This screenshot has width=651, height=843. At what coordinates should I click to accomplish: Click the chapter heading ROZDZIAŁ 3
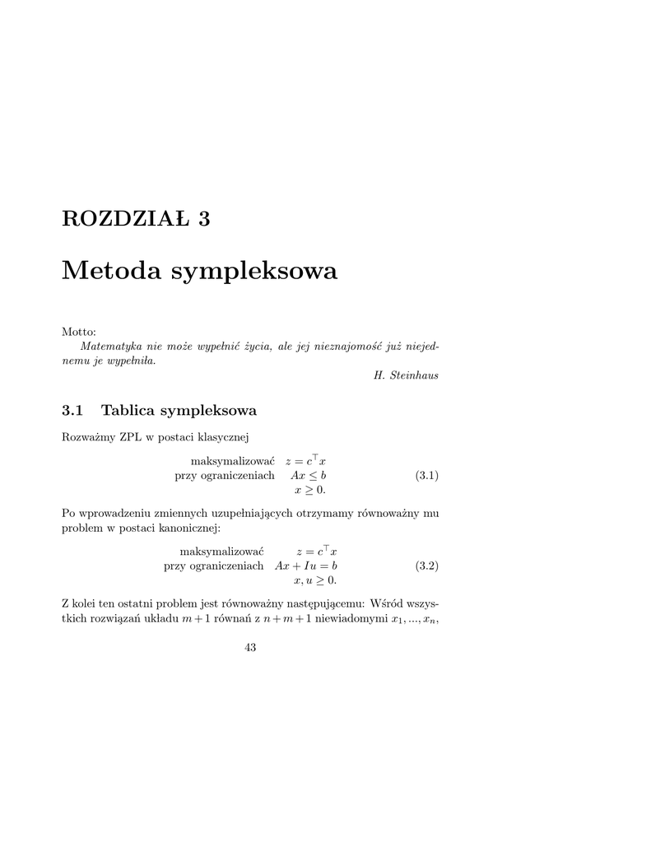click(136, 218)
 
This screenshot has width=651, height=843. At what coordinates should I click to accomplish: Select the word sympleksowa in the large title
click(254, 272)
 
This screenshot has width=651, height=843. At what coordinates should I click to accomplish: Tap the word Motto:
click(79, 331)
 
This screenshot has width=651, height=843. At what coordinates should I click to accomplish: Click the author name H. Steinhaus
click(406, 375)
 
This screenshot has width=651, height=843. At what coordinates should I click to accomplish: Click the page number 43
click(250, 648)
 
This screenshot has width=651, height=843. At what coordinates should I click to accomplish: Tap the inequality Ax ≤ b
click(309, 476)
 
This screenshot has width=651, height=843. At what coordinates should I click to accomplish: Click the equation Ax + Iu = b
click(306, 566)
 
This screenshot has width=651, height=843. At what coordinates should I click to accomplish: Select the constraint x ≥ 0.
click(310, 491)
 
